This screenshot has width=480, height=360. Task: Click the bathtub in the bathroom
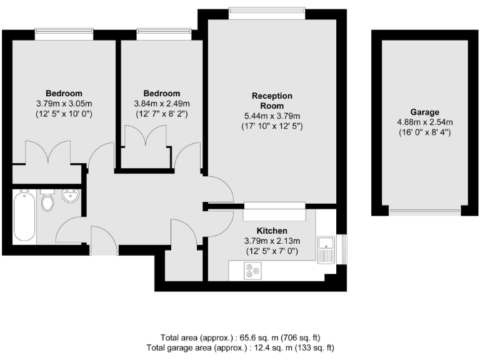(x=24, y=217)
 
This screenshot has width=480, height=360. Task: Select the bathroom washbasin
(x=71, y=197)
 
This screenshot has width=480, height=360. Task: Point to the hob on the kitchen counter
(x=253, y=271)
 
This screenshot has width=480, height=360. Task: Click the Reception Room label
(x=272, y=101)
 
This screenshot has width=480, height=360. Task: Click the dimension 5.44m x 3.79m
(x=272, y=116)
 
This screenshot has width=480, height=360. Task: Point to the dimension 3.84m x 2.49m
(x=162, y=104)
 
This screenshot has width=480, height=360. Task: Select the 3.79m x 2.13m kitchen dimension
(x=272, y=241)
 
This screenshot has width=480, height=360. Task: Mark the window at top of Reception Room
(x=267, y=9)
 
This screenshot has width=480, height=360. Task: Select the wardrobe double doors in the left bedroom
(x=48, y=152)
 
